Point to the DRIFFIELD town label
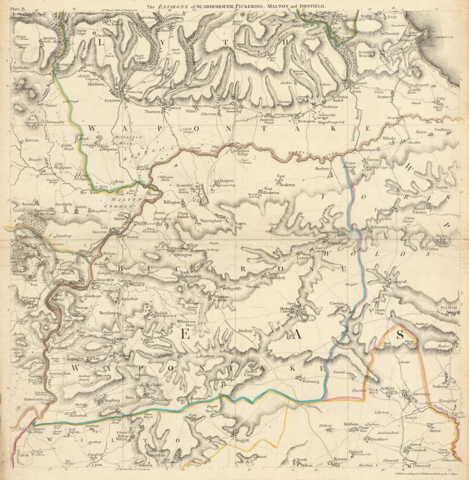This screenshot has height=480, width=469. [x=421, y=394]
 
